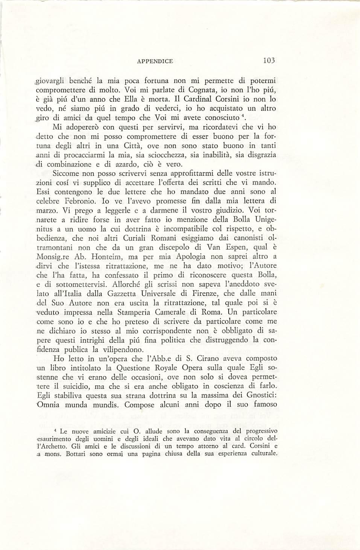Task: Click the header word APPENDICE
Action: pyautogui.click(x=155, y=61)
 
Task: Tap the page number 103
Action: pyautogui.click(x=269, y=61)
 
